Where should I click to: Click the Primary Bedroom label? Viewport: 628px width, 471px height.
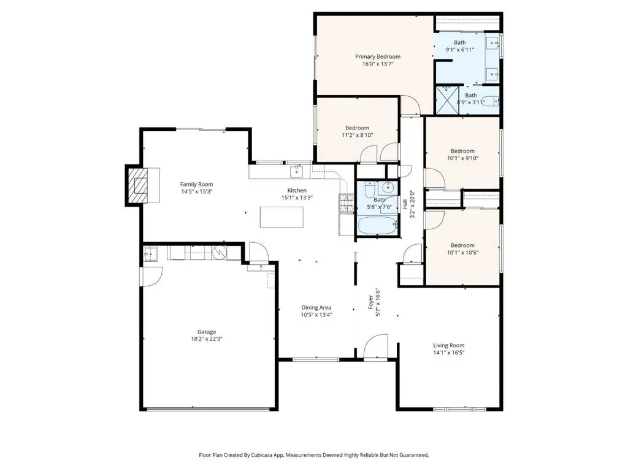(377, 56)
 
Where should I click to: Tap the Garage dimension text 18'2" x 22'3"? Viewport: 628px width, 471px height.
(207, 339)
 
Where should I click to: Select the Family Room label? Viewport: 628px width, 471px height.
(196, 184)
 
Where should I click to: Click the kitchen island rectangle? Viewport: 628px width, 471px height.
(281, 216)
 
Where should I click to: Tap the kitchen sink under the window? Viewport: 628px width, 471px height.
(296, 172)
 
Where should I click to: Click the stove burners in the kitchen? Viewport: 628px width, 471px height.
(347, 202)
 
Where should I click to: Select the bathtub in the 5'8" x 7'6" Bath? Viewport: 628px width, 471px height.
(377, 226)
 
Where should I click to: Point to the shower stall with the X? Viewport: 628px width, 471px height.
(447, 100)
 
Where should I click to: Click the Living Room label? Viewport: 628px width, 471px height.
(448, 345)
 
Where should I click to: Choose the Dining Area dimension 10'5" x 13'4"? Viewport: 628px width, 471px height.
(316, 315)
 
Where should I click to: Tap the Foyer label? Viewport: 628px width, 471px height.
(371, 302)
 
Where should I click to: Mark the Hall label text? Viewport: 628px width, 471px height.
(405, 204)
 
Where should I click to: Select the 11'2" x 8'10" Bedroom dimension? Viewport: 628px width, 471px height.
(358, 136)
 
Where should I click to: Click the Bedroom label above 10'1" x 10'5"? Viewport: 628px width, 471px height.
(462, 245)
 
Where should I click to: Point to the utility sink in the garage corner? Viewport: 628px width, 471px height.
(150, 254)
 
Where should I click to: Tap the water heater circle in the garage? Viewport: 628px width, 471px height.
(220, 252)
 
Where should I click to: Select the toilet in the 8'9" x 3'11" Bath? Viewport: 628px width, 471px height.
(489, 101)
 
